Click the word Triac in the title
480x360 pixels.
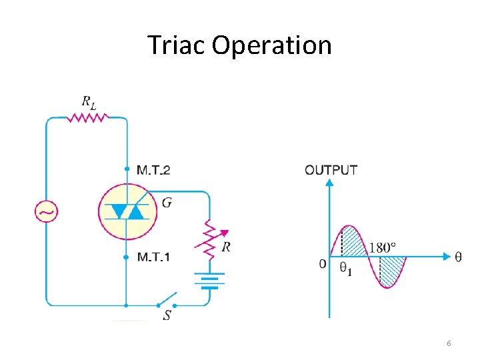click(x=176, y=46)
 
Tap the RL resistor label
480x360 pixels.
click(x=89, y=102)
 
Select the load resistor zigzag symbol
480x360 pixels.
click(x=87, y=118)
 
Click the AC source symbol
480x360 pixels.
click(x=46, y=212)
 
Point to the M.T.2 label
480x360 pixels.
click(x=153, y=170)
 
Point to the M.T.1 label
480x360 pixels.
click(x=153, y=257)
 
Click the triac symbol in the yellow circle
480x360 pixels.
click(x=126, y=211)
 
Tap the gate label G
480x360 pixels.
click(x=166, y=202)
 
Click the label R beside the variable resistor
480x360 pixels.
click(x=227, y=247)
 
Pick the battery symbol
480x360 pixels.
click(x=209, y=280)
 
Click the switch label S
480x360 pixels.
click(x=167, y=315)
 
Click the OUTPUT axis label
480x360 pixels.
click(x=331, y=170)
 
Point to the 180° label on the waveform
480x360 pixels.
click(x=383, y=247)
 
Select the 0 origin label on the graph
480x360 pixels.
click(x=322, y=264)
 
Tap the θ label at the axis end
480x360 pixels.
click(x=458, y=257)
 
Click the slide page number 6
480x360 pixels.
click(x=449, y=343)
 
